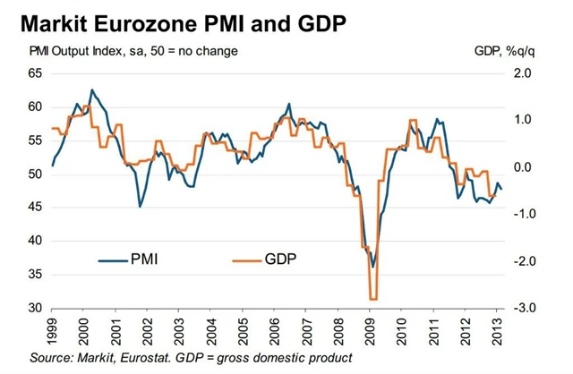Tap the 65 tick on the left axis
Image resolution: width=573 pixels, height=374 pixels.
(37, 73)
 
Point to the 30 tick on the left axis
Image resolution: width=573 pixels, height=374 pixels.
(37, 309)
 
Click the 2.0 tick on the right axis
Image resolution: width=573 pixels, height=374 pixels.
(526, 73)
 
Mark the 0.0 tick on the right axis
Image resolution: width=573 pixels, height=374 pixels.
(526, 167)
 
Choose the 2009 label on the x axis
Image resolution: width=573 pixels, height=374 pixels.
(369, 333)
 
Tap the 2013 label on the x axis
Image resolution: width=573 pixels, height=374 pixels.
(497, 333)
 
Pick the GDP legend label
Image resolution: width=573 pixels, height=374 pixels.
(281, 259)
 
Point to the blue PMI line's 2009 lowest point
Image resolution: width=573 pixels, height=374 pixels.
(373, 266)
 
